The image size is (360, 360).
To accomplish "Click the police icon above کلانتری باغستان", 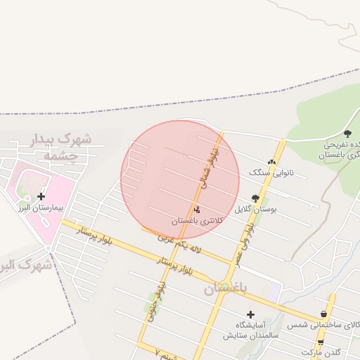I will tap(197, 209).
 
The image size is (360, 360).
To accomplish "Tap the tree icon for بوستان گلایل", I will tap(255, 198).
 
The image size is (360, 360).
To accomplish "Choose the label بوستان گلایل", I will tap(255, 210).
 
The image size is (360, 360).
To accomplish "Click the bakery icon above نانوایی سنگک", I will tap(271, 162).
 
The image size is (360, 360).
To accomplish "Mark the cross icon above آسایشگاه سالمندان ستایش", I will tap(250, 314).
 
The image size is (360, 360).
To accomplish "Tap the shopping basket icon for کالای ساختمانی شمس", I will tap(323, 314).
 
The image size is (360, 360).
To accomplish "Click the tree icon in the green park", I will tap(347, 132).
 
